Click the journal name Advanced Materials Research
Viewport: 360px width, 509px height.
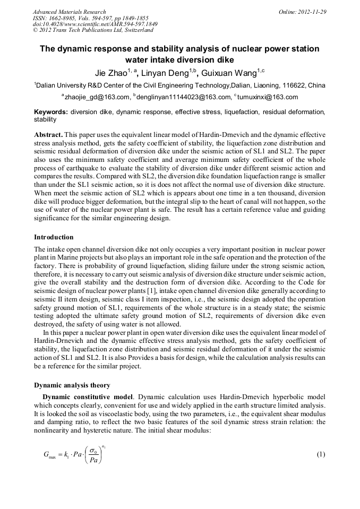(69, 12)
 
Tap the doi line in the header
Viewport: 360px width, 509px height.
(95, 24)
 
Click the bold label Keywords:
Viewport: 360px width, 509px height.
(50, 113)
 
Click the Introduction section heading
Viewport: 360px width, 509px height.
(54, 237)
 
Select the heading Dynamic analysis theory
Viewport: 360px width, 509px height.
(72, 385)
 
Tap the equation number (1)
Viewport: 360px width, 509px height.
(320, 455)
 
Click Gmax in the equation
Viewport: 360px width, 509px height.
(50, 455)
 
